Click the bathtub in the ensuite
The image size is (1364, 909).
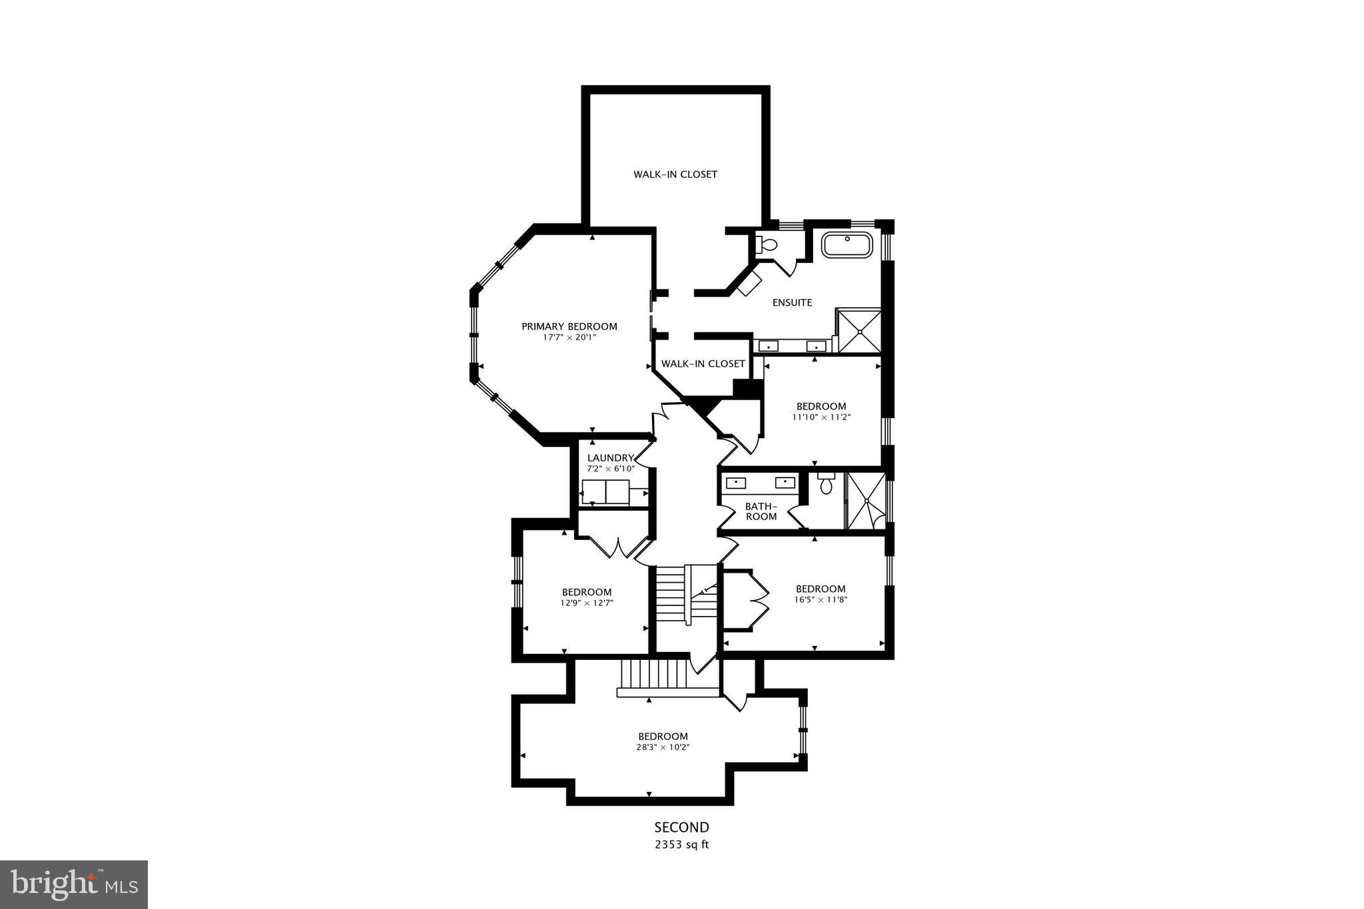(847, 245)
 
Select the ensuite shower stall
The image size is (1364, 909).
(859, 331)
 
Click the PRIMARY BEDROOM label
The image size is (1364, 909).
(569, 326)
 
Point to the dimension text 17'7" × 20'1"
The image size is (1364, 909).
(569, 338)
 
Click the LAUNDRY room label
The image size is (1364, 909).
(610, 457)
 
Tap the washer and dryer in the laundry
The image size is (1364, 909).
(605, 492)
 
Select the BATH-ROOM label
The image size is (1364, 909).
(761, 511)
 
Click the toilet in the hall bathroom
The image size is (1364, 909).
(826, 484)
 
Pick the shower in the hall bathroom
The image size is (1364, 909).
(866, 501)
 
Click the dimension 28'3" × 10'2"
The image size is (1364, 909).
(663, 747)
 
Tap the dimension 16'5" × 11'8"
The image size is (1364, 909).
(821, 599)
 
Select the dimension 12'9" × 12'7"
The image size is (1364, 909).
(586, 603)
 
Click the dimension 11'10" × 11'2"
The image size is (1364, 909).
(821, 417)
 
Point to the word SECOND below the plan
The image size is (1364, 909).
(681, 828)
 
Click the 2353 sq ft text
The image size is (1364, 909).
(681, 845)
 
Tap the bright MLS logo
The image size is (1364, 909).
(74, 884)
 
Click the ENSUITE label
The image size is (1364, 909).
(792, 302)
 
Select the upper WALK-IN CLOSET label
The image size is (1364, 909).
(675, 174)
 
